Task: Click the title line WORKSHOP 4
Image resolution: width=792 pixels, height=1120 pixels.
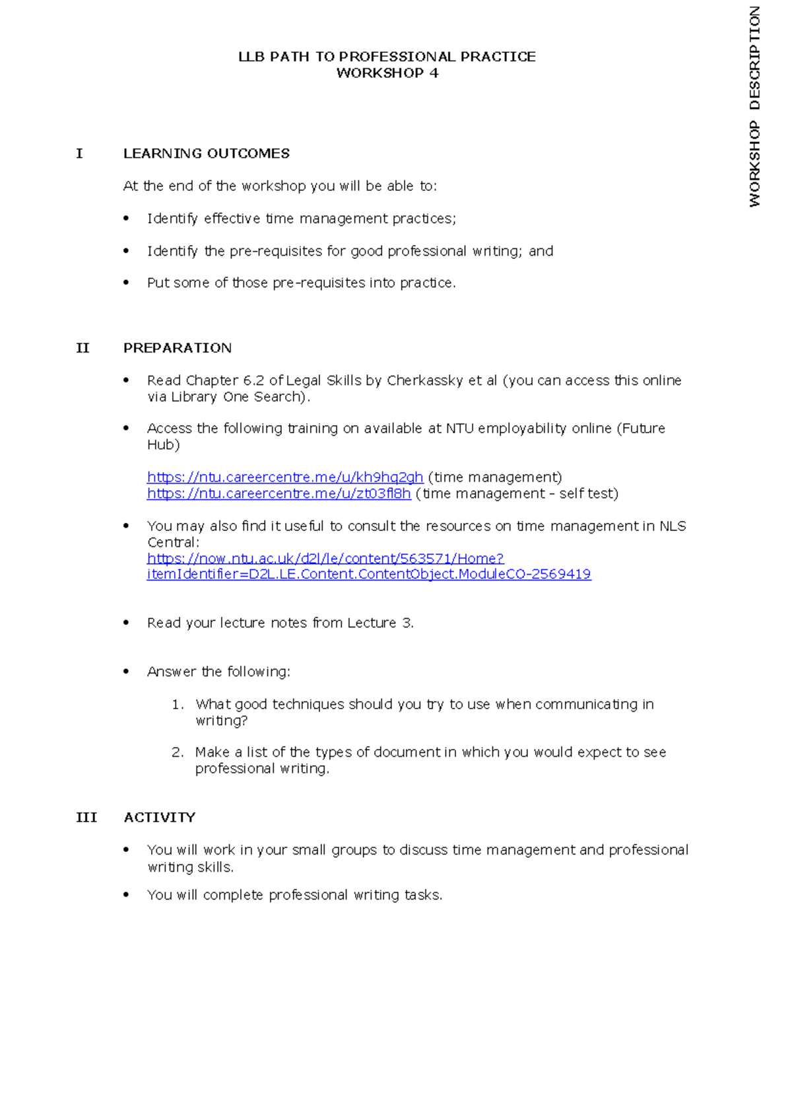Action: coord(387,73)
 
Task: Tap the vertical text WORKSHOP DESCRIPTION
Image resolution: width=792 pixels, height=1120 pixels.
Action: coord(755,107)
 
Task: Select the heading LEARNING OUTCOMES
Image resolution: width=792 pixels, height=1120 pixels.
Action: coord(206,154)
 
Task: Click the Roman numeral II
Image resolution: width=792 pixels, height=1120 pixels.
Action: coord(82,348)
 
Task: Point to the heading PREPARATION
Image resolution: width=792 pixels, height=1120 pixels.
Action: coord(177,348)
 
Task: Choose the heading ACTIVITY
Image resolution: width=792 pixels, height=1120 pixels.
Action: coord(159,818)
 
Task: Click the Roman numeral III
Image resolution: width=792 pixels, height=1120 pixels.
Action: coord(86,818)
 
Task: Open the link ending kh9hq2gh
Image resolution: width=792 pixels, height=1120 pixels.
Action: coord(284,477)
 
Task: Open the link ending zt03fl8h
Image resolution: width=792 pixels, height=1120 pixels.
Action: coord(279,494)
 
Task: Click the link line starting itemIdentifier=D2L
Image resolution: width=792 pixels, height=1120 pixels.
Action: coord(368,575)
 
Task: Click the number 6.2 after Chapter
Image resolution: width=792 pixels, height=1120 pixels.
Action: coord(253,381)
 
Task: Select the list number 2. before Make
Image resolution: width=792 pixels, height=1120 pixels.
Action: coord(177,752)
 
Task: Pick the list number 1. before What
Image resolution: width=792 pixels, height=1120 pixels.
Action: coord(177,705)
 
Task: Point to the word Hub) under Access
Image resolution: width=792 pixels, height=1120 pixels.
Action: coord(163,445)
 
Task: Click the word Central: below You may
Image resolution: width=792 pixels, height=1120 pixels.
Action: coord(173,543)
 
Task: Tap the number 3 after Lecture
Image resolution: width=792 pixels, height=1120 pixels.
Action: coord(407,623)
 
